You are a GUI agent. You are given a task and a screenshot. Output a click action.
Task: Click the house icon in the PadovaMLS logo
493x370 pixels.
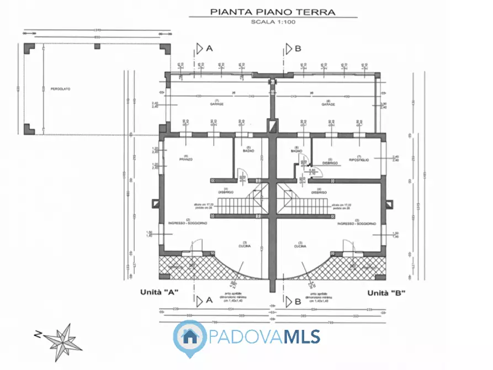point(190,335)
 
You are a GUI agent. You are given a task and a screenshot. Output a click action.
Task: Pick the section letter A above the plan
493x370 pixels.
point(209,49)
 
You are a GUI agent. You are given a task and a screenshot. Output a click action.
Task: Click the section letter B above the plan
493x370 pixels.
point(298,49)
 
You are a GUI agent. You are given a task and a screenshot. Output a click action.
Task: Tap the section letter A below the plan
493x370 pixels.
point(209,300)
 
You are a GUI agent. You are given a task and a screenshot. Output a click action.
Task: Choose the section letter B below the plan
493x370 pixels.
point(298,301)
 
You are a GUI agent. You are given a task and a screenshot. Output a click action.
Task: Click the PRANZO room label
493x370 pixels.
point(185,160)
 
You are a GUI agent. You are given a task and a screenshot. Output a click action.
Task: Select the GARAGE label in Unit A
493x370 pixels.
point(216,104)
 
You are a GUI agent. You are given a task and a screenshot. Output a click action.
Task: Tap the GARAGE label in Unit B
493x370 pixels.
point(327,104)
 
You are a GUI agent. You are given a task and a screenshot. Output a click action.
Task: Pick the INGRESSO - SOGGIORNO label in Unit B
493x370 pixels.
point(357,224)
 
